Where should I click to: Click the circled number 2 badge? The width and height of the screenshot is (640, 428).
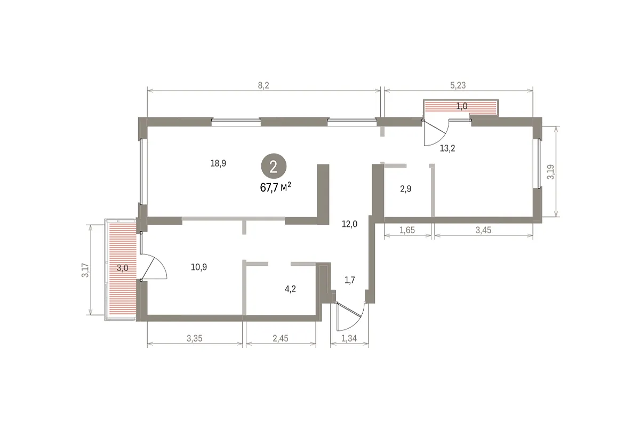click(274, 167)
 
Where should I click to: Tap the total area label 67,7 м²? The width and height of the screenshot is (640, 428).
click(275, 187)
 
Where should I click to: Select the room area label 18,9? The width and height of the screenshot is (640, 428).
click(218, 163)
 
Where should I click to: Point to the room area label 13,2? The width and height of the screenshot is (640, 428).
click(447, 148)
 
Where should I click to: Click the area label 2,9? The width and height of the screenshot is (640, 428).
click(405, 189)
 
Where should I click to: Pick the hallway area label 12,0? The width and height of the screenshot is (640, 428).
click(349, 224)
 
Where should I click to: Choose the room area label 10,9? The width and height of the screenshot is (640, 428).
click(199, 267)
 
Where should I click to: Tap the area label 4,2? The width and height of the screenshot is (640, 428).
click(290, 289)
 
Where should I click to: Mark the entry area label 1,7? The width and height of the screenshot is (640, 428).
click(350, 280)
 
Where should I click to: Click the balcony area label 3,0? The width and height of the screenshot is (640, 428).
click(122, 268)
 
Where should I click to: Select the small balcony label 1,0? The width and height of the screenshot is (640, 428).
click(462, 106)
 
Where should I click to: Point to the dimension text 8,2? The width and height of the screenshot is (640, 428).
click(263, 85)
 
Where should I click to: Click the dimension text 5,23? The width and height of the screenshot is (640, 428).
click(458, 85)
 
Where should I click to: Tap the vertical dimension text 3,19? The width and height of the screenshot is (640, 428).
click(550, 172)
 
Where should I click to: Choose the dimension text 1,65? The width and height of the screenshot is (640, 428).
click(407, 230)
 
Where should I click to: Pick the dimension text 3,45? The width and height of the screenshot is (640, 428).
click(483, 230)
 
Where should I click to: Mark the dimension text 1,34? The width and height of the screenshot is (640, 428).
click(349, 338)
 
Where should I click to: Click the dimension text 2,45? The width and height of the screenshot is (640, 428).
click(281, 338)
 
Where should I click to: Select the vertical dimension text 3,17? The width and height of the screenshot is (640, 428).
click(85, 270)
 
